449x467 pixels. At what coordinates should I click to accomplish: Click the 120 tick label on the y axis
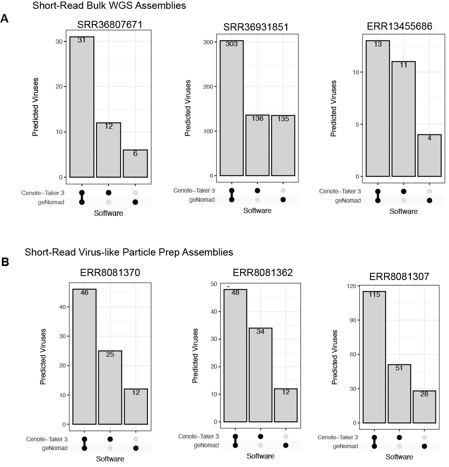[352, 286]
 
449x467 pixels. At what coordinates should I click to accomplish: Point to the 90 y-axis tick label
[353, 320]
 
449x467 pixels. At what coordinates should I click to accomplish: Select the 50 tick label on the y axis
[214, 284]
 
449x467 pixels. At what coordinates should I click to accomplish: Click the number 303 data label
[232, 44]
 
